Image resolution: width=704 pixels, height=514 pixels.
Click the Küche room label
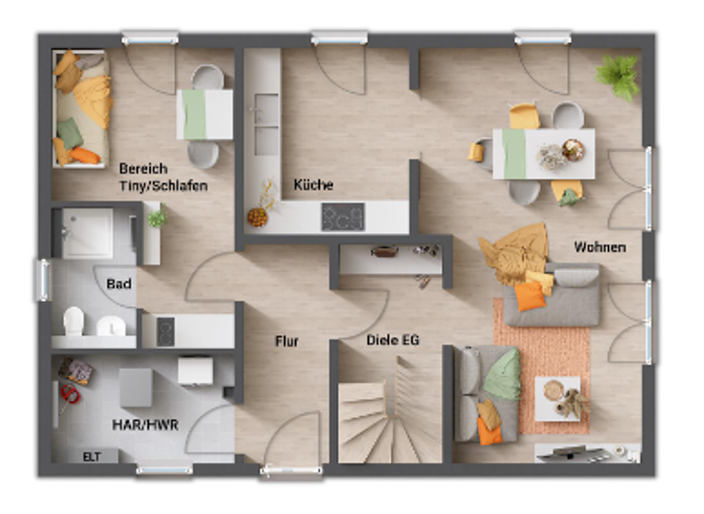(313, 184)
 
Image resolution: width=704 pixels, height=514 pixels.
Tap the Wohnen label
(599, 247)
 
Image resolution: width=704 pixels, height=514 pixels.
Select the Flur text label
(287, 341)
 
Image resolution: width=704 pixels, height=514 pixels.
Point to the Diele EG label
(392, 340)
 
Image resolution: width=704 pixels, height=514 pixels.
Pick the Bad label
(119, 285)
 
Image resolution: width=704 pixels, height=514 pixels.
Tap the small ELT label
(92, 455)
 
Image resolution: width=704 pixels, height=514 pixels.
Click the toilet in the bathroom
(73, 322)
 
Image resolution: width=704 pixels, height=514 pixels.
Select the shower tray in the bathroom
(88, 233)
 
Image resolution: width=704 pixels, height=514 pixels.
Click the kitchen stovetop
(342, 217)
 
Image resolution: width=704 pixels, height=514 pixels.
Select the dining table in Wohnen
(544, 153)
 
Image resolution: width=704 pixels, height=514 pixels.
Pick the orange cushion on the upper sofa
(528, 296)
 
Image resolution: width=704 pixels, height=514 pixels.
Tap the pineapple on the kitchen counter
(258, 217)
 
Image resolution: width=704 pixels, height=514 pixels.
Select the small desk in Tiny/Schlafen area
(204, 114)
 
